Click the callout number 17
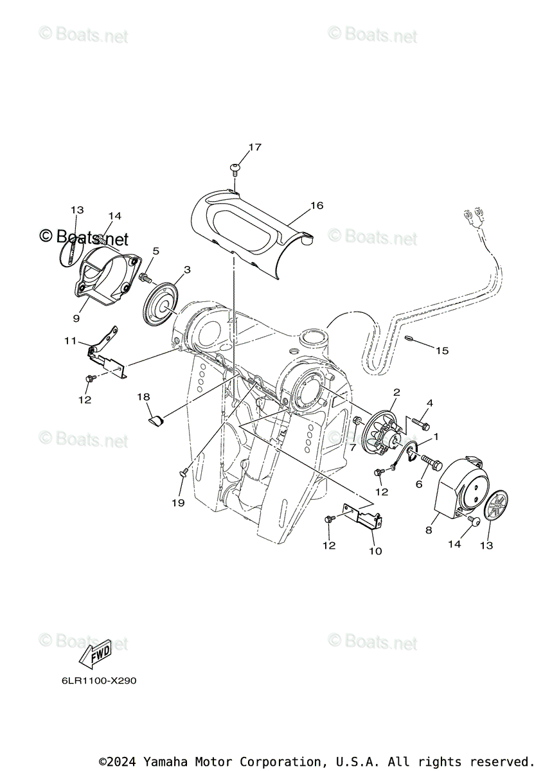tap(254, 147)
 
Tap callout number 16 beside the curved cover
tap(316, 206)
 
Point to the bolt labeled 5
tap(146, 278)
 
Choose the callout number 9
tap(76, 318)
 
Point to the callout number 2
tap(396, 391)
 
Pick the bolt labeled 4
tap(422, 423)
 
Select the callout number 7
tap(352, 447)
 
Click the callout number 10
tap(376, 551)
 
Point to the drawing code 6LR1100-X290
tap(95, 680)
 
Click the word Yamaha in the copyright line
tap(164, 761)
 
